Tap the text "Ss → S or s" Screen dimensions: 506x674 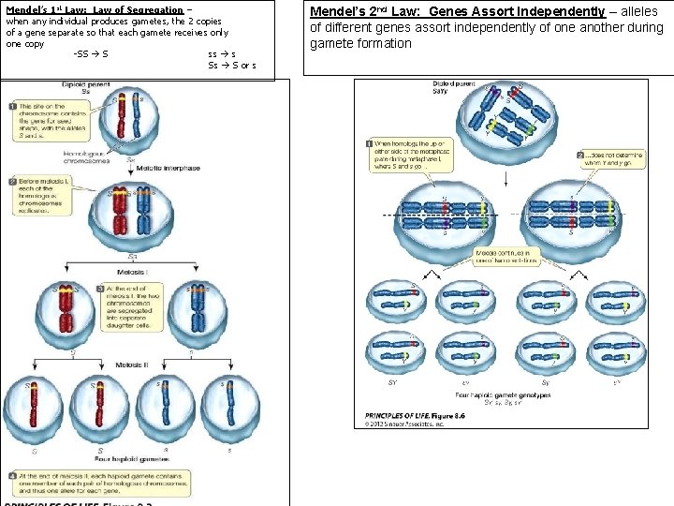231,66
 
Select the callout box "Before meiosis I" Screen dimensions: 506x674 37,195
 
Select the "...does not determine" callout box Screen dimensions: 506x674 610,160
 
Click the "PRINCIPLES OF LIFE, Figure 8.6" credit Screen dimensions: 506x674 418,415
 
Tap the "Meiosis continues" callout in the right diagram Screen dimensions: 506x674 506,256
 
